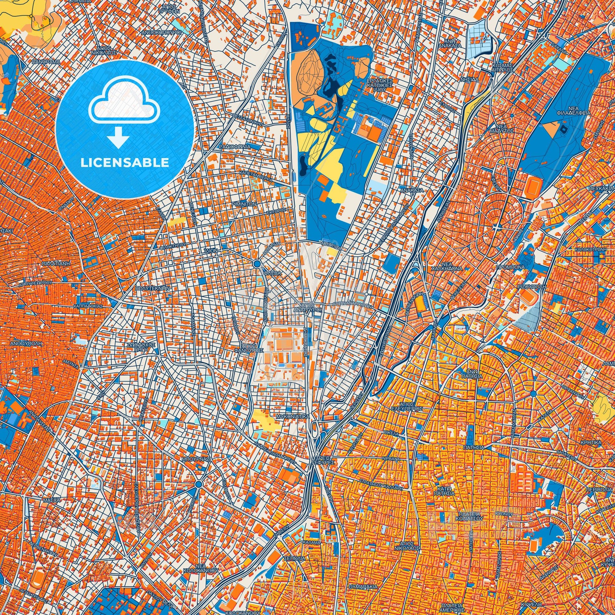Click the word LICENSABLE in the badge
[125, 162]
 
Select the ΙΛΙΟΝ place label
[211, 251]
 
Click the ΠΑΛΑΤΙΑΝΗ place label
[55, 264]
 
